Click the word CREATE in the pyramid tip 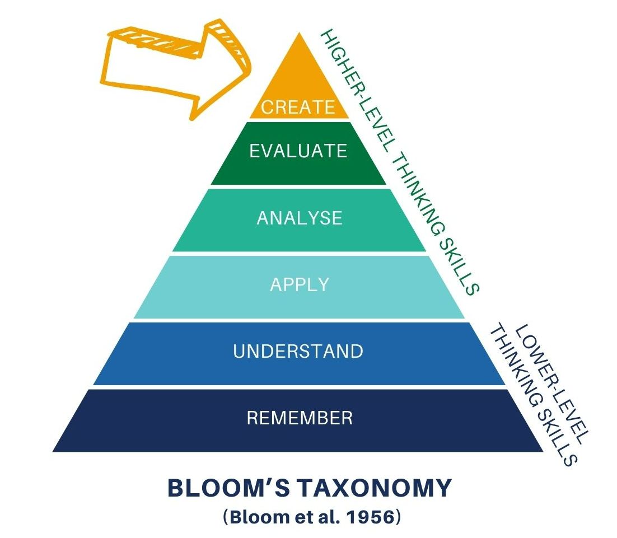coord(298,107)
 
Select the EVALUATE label coord(298,151)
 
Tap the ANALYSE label coord(300,218)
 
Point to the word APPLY coord(300,284)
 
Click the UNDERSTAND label coord(298,352)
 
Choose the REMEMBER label coord(300,418)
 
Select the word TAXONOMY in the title coord(373,488)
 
